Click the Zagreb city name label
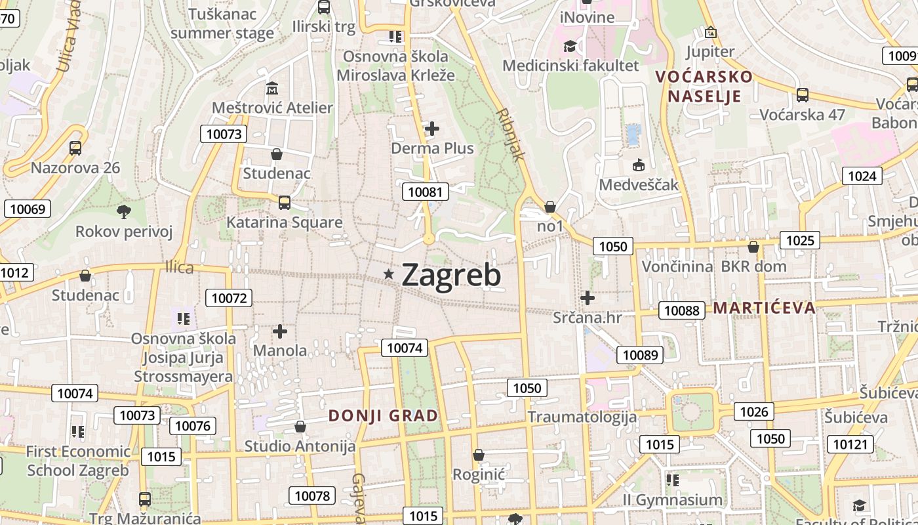tap(451, 276)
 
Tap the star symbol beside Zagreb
tap(389, 274)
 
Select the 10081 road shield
tap(426, 192)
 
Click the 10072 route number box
tap(228, 298)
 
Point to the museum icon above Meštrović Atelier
tap(272, 88)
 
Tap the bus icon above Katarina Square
tap(284, 202)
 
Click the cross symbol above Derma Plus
tap(432, 129)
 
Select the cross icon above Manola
tap(280, 331)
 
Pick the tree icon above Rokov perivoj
tap(123, 211)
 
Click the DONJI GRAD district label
tap(383, 416)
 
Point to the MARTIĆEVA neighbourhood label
tap(764, 307)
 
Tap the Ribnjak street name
tap(511, 135)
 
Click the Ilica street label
tap(179, 268)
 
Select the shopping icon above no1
tap(550, 207)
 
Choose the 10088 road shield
tap(682, 310)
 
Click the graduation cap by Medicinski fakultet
tap(570, 46)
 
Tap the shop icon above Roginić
tap(479, 454)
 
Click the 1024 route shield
tap(862, 176)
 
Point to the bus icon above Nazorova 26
tap(75, 148)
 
